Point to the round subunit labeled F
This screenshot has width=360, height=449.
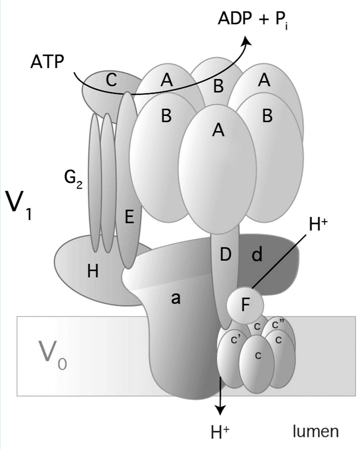[x=245, y=305]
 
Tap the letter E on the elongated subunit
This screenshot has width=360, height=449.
[x=129, y=217]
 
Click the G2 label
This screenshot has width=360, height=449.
[x=74, y=180]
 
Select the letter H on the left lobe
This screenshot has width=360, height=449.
[x=93, y=272]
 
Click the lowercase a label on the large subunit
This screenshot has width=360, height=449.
[x=176, y=298]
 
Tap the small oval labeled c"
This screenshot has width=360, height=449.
[x=278, y=325]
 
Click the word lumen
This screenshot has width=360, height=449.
[x=316, y=431]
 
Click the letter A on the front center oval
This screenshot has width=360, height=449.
[x=218, y=131]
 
